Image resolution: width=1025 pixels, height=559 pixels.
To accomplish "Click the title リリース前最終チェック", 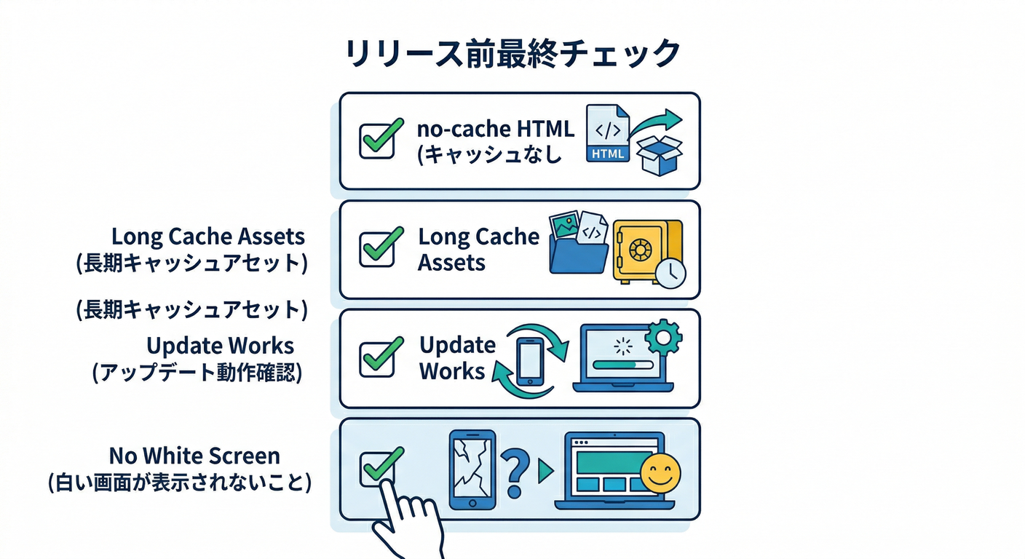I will (x=512, y=55).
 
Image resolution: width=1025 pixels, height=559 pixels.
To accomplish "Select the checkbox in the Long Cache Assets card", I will (x=378, y=249).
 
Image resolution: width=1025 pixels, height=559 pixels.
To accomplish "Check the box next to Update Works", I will (x=378, y=358).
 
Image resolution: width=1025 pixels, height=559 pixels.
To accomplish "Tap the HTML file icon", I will (x=608, y=133).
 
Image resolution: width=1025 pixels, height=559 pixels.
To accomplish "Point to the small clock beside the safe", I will (x=670, y=272).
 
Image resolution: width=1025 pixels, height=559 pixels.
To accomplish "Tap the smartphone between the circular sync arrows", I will (x=530, y=360).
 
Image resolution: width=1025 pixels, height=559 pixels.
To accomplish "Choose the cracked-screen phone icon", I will (x=472, y=469).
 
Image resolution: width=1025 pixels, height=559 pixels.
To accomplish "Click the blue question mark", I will (x=515, y=469).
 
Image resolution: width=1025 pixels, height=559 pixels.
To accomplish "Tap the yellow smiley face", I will (x=660, y=474).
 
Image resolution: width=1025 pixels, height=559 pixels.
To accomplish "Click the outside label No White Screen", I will (x=194, y=456).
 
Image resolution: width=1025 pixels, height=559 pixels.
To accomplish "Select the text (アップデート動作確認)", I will (x=197, y=373).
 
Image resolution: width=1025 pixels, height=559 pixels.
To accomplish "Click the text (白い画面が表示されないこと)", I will (x=179, y=482).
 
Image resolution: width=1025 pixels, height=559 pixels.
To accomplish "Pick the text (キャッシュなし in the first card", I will (x=488, y=155).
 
